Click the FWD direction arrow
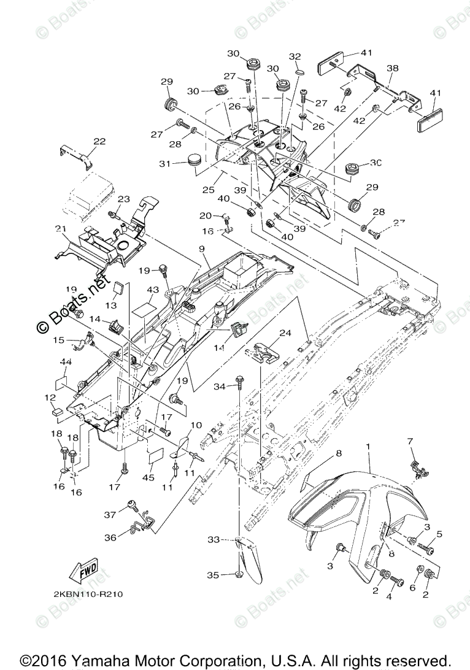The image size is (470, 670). pyautogui.click(x=84, y=569)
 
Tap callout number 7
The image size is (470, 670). pyautogui.click(x=410, y=441)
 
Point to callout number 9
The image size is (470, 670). pyautogui.click(x=201, y=249)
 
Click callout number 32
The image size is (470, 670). pyautogui.click(x=295, y=56)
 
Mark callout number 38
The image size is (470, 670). pyautogui.click(x=393, y=68)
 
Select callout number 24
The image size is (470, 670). pyautogui.click(x=285, y=333)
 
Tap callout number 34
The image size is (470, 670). pyautogui.click(x=220, y=386)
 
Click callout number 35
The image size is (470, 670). pyautogui.click(x=212, y=575)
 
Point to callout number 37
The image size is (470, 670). pyautogui.click(x=110, y=515)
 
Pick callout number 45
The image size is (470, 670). pyautogui.click(x=148, y=477)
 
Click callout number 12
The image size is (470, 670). pyautogui.click(x=50, y=398)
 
